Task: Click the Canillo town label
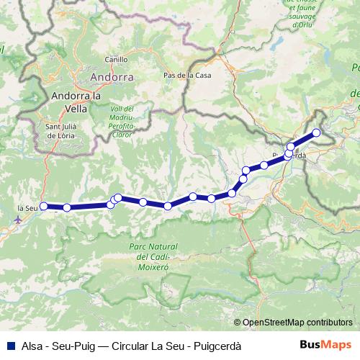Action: [x=116, y=60]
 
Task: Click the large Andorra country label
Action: [x=112, y=76]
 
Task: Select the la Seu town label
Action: [x=27, y=208]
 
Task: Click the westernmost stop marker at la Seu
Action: [x=43, y=206]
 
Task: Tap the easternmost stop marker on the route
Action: [x=315, y=132]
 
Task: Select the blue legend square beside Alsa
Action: [x=9, y=346]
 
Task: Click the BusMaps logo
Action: [x=326, y=346]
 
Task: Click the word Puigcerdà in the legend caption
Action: [x=215, y=346]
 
